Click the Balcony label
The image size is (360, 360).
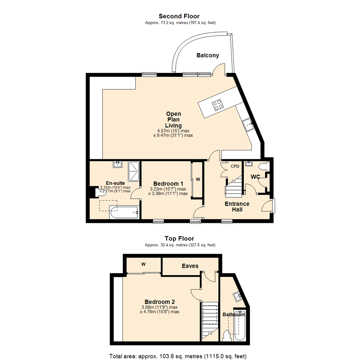[x=208, y=55]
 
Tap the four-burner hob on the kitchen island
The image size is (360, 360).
[x=218, y=105]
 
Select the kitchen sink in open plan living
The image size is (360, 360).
[x=248, y=125]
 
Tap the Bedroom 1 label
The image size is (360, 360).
[x=168, y=184]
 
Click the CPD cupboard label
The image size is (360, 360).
[x=235, y=166]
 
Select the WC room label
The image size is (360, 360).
[x=255, y=177]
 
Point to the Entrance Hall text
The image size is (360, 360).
[x=237, y=206]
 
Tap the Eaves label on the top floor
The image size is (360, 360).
[x=190, y=266]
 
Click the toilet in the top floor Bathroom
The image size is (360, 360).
[x=227, y=335]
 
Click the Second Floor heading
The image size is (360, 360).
[x=179, y=16]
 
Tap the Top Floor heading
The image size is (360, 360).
[x=179, y=238]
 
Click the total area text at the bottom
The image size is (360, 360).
[x=178, y=356]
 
